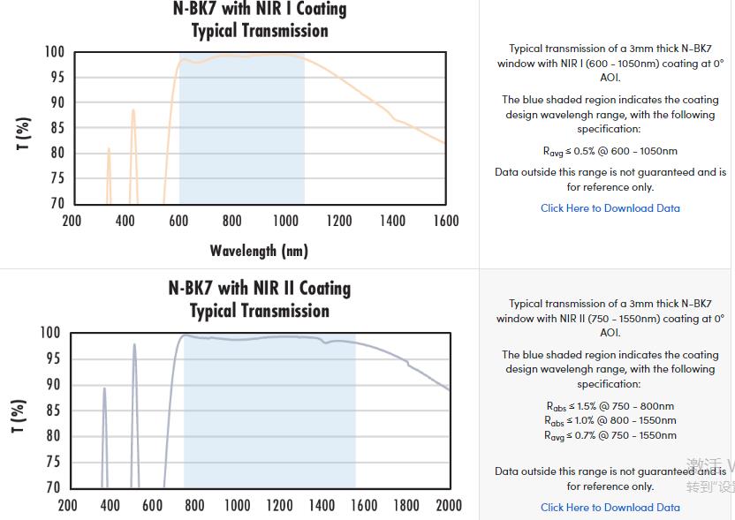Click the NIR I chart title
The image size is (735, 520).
[259, 19]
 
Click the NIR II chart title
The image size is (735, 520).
[259, 299]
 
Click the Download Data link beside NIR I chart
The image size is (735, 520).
[610, 208]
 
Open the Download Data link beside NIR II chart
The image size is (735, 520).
[610, 508]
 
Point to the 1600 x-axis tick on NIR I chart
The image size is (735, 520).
[445, 221]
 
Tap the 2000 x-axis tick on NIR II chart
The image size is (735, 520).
[449, 505]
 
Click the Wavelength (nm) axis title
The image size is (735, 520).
[259, 251]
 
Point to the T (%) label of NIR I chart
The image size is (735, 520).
[25, 132]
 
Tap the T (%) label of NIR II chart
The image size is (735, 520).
[19, 415]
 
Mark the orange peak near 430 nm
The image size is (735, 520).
[133, 112]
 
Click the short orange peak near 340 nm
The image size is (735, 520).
[109, 151]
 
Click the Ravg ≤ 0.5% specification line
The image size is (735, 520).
[610, 151]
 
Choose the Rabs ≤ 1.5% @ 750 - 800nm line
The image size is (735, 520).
[610, 406]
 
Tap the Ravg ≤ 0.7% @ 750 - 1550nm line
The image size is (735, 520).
[610, 435]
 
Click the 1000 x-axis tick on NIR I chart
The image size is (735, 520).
[285, 221]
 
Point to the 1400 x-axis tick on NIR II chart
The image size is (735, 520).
[322, 505]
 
